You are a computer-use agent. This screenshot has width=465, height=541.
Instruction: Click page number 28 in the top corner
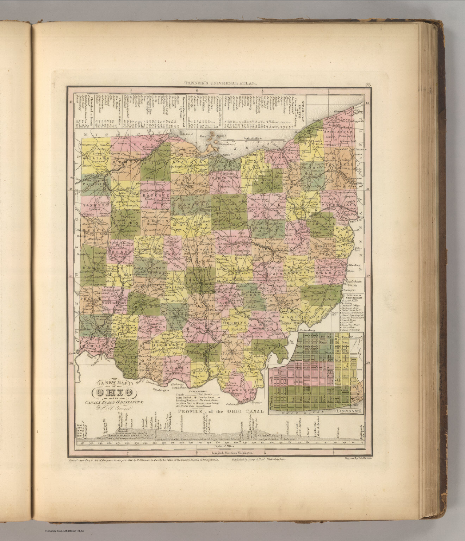[x=368, y=84]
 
